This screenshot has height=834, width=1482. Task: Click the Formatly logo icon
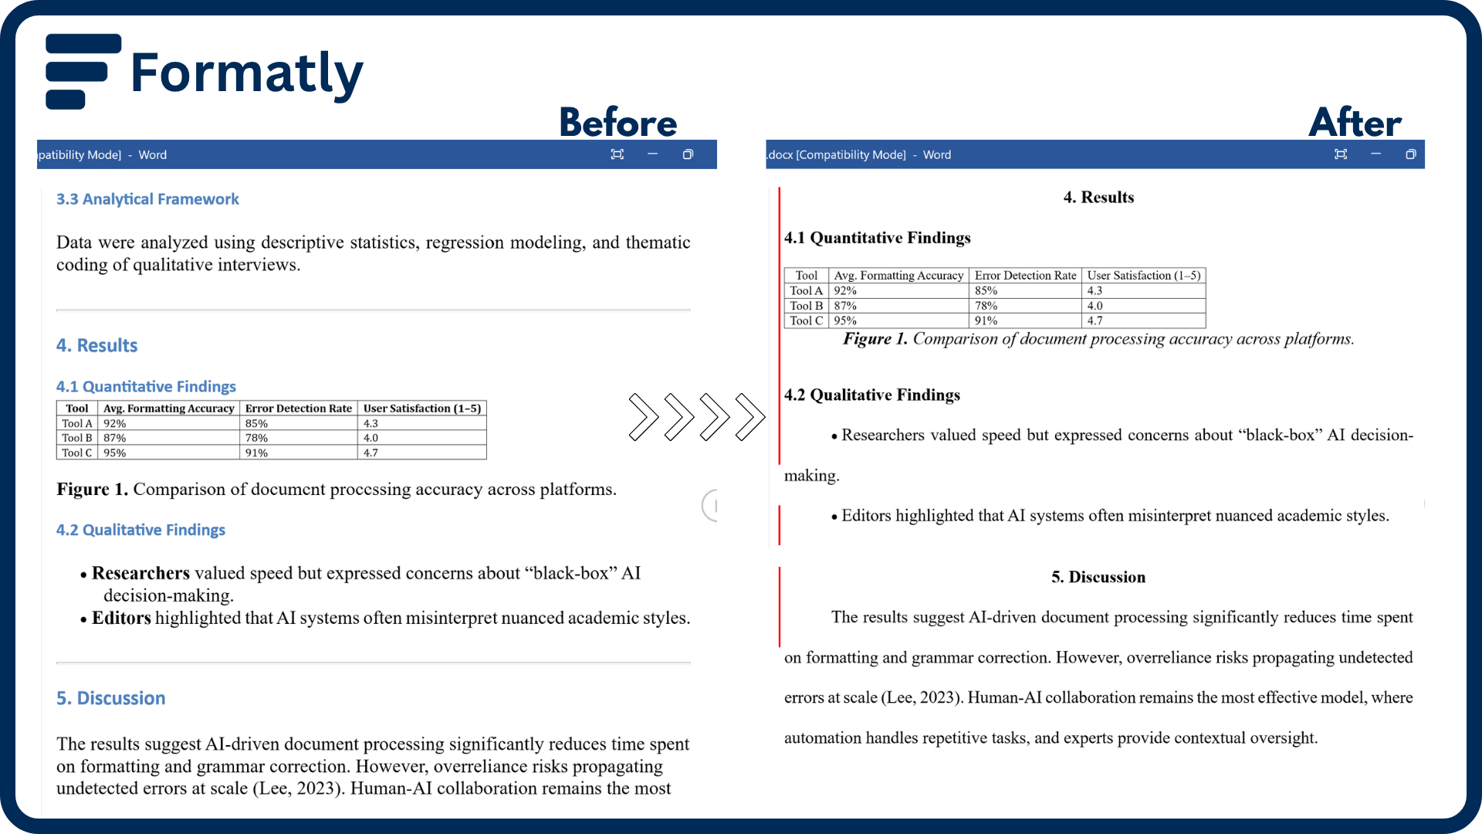82,71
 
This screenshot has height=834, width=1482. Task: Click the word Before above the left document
617,123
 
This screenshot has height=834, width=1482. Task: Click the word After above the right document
1355,123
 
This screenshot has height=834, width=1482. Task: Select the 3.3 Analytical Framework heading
147,199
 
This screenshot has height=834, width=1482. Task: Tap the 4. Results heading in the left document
96,345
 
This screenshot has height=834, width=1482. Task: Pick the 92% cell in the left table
115,423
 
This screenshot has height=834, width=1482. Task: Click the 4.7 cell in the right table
1095,320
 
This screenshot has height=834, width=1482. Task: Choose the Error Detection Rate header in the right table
1025,276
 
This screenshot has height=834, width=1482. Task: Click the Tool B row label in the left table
77,438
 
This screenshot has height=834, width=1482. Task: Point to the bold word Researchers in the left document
140,573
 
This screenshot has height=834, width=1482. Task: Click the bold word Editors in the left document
121,618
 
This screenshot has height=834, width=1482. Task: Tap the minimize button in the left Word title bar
652,154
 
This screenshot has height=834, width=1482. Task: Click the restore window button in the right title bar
1410,154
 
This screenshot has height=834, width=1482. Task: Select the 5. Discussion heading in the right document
1098,577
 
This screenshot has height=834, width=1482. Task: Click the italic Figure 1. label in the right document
875,339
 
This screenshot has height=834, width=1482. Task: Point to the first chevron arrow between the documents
643,417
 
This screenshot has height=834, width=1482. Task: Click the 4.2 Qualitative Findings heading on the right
872,395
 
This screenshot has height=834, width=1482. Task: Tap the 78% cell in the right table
986,306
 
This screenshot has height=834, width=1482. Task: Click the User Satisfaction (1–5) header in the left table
422,409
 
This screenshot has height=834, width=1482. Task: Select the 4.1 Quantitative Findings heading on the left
146,386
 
